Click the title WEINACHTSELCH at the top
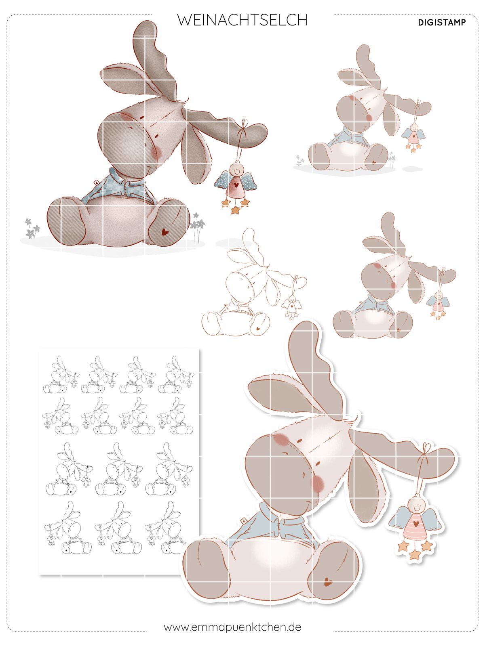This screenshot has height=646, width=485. coord(242,20)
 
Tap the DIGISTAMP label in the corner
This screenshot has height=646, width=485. coord(442,23)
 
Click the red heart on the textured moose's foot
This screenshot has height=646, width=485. coord(165,232)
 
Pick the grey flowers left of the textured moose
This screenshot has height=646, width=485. coord(32,229)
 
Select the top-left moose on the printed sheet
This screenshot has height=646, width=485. coord(61,375)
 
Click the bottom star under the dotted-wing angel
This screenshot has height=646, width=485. coord(235,210)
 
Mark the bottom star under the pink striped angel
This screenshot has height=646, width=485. coord(415,555)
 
